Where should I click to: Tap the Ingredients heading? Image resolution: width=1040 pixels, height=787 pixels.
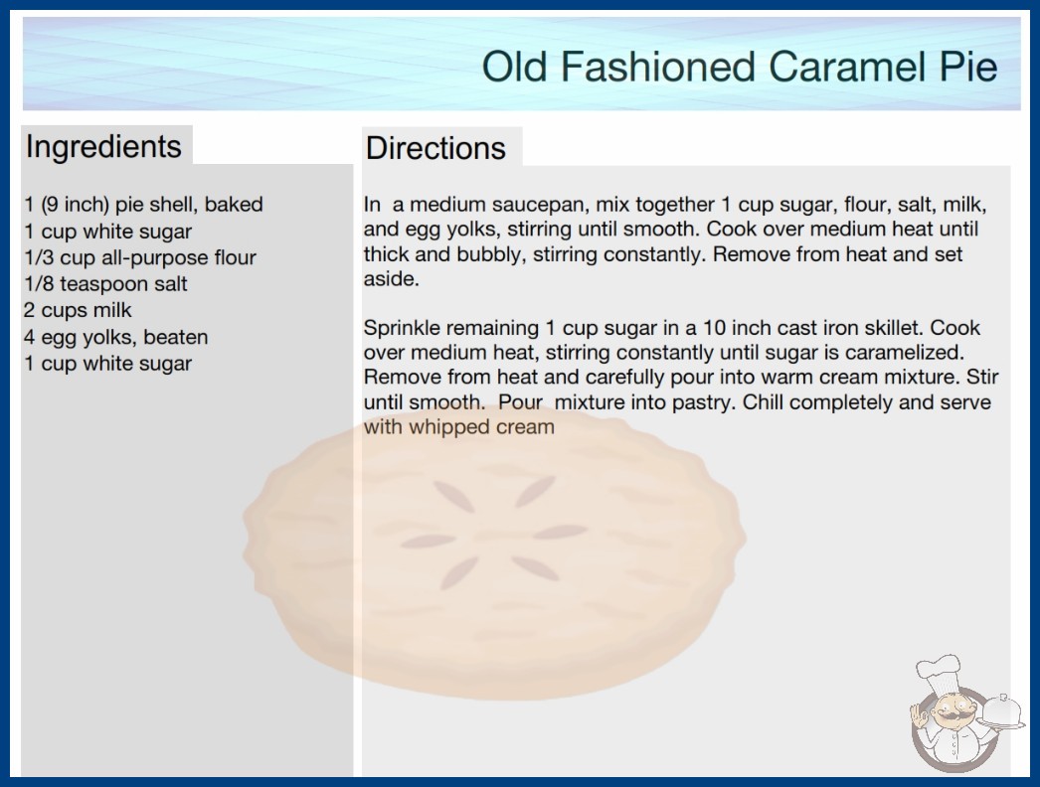coord(103,147)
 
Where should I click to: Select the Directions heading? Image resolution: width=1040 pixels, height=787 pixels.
coord(435,148)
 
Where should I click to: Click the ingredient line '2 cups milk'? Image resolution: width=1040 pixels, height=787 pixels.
coord(78,310)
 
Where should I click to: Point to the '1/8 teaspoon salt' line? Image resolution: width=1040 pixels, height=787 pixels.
coord(105,284)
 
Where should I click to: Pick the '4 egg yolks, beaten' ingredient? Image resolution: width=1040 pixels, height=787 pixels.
coord(116,337)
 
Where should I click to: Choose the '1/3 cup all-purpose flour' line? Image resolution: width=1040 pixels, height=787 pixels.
coord(140,257)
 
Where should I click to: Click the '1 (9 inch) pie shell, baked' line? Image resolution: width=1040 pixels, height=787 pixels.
coord(143,205)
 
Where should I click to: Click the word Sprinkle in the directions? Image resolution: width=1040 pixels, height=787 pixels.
coord(402,328)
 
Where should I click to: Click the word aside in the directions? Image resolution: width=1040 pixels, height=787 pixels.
coord(392,278)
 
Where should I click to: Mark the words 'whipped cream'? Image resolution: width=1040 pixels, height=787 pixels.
coord(481,427)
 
